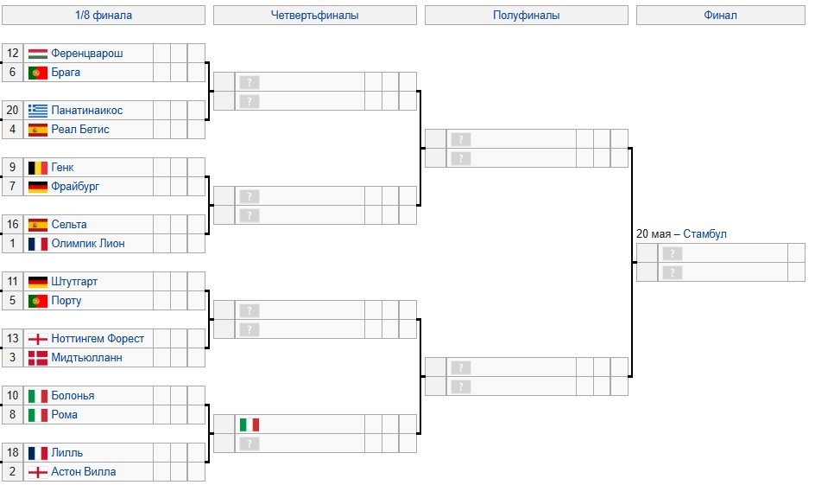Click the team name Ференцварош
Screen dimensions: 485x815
click(x=86, y=54)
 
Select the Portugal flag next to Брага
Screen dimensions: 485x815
click(x=37, y=73)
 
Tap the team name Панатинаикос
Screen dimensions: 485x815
click(x=86, y=111)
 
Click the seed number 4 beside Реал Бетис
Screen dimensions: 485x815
click(x=12, y=130)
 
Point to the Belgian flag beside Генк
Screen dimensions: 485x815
click(x=37, y=168)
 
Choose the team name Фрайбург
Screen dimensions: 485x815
click(x=77, y=187)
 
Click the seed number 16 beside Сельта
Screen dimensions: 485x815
click(x=12, y=225)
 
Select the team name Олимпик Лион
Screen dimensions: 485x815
click(x=87, y=244)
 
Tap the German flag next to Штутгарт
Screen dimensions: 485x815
click(x=37, y=282)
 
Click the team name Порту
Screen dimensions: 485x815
click(x=66, y=301)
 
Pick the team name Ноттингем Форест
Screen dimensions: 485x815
click(x=98, y=339)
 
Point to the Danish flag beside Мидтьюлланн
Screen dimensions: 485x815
click(x=37, y=358)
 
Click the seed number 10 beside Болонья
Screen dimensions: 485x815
click(x=12, y=396)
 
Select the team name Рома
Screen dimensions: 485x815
click(x=65, y=415)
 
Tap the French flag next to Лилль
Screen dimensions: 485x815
click(x=37, y=453)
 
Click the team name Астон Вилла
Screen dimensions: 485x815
click(x=83, y=472)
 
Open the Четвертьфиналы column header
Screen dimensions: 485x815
click(x=314, y=16)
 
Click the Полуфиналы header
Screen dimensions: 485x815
click(x=526, y=16)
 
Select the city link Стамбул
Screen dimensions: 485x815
click(x=704, y=234)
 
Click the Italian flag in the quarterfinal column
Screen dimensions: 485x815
click(x=249, y=424)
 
